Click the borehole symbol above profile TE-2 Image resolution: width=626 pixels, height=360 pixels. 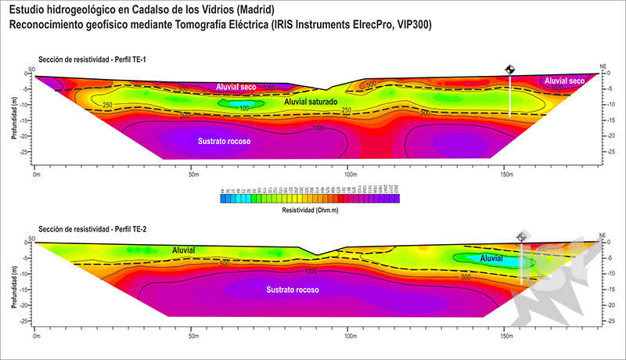pyautogui.click(x=522, y=236)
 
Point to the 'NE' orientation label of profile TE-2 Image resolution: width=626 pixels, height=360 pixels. pyautogui.click(x=602, y=235)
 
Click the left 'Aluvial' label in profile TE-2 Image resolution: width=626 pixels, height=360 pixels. pyautogui.click(x=184, y=250)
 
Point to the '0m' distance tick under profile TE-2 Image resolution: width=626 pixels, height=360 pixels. pyautogui.click(x=36, y=337)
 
